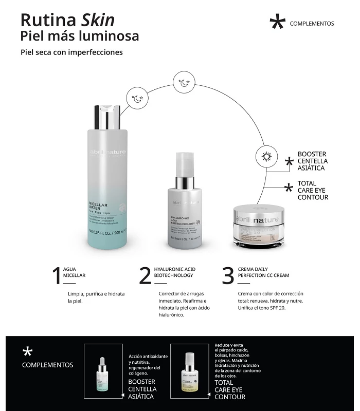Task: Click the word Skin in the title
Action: point(98,20)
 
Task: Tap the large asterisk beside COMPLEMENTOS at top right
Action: point(277,23)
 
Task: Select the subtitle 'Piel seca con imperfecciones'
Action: point(71,52)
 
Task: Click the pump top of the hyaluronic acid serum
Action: point(185,164)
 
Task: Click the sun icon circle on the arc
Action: point(266,156)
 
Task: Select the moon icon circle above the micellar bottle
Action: point(137,99)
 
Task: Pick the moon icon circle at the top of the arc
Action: point(184,83)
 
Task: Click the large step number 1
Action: point(57,276)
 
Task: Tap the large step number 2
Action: point(145,276)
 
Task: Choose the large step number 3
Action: point(228,276)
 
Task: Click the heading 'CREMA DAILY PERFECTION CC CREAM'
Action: point(263,272)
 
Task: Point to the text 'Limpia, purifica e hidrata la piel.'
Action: point(96,297)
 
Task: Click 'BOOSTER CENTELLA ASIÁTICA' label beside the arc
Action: point(312,161)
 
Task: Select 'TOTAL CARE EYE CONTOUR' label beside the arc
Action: point(312,190)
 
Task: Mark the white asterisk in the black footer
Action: point(27,351)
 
